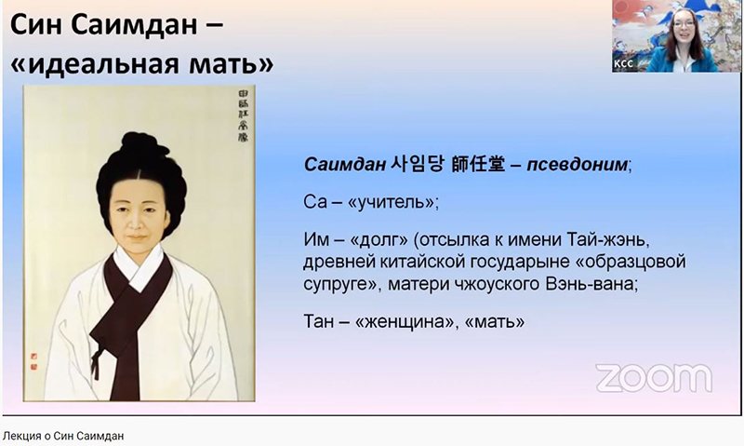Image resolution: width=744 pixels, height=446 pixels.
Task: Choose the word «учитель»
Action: point(383,200)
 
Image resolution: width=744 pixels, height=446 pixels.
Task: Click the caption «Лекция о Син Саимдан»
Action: point(63,436)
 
